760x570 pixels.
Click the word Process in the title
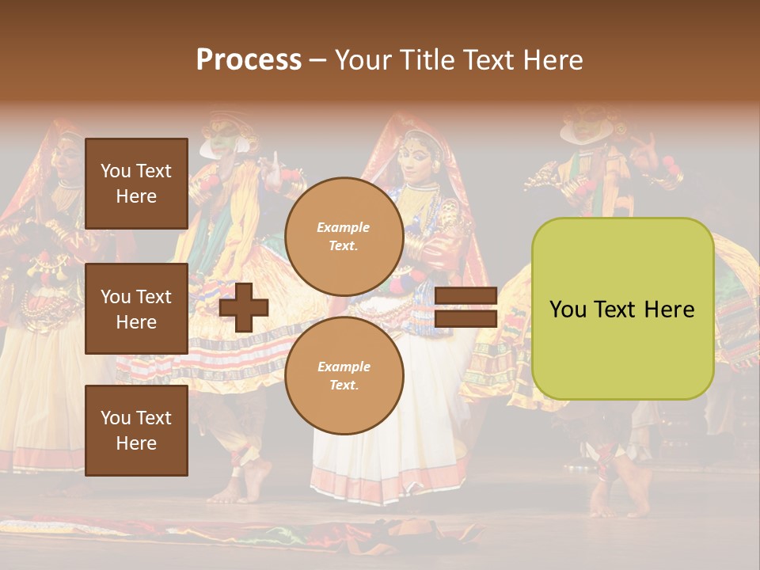249,60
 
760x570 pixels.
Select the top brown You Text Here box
136,184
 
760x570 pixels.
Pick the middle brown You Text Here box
136,309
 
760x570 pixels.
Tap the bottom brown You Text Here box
136,430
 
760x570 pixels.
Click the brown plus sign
244,308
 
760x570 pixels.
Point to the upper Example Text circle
344,237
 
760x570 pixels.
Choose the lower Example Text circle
344,375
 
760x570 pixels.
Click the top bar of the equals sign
465,296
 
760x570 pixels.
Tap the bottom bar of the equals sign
465,318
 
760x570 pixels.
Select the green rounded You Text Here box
622,309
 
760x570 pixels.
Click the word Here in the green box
669,310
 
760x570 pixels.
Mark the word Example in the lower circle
344,367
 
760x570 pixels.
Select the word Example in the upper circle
344,227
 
